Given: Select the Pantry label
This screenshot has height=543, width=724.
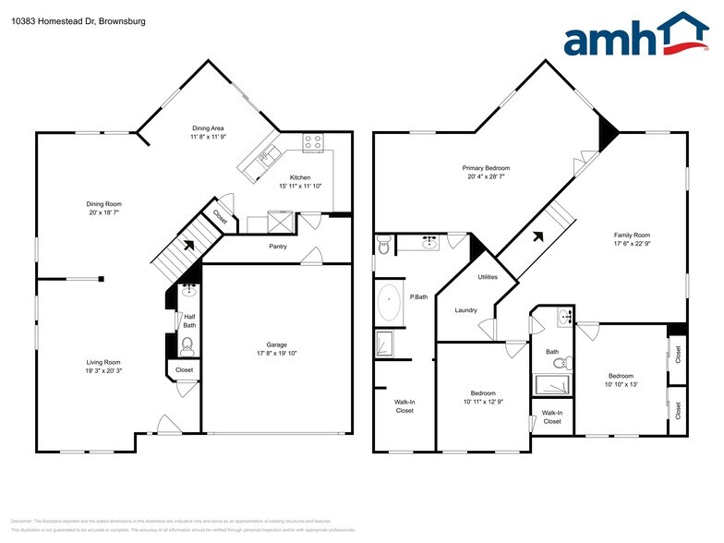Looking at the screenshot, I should [x=278, y=247].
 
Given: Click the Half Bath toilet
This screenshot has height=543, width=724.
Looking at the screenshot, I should [x=187, y=346].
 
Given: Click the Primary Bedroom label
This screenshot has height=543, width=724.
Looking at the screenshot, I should [x=486, y=168].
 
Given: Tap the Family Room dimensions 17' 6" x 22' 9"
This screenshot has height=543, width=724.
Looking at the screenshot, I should [x=633, y=245].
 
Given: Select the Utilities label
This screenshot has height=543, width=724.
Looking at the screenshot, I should [x=488, y=277].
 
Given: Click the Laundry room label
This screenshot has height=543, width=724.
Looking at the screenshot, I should [x=465, y=310].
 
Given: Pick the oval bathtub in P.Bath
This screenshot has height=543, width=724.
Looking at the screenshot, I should [x=390, y=303].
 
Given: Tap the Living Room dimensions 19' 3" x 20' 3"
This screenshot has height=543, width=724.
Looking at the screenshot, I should [x=104, y=371].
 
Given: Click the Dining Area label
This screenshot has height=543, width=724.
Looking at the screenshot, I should [x=208, y=127].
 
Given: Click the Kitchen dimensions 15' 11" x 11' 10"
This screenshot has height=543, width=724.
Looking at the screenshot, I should [x=300, y=187].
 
